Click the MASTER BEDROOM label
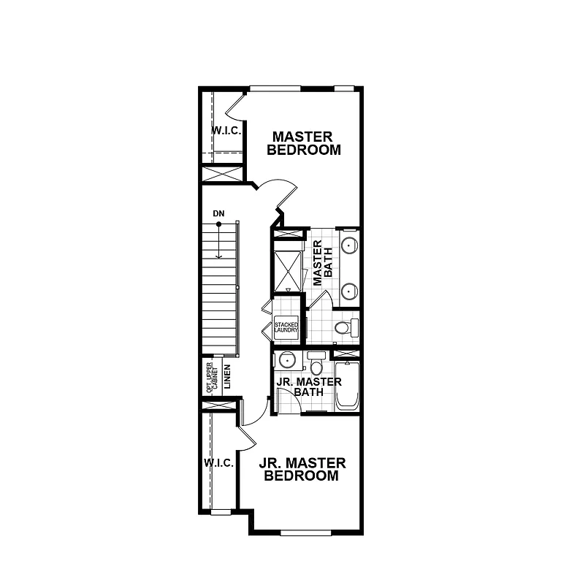point(303,143)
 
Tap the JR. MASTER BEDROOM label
point(301,469)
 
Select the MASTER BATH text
point(322,262)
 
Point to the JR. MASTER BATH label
point(308,387)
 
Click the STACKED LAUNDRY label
point(286,327)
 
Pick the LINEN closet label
point(228,378)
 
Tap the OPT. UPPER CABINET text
point(213,378)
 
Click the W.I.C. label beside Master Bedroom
point(226,130)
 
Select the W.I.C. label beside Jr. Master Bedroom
point(218,463)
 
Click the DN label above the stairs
point(218,213)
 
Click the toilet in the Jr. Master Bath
point(316,363)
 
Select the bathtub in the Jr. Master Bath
point(346,385)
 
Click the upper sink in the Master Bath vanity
point(350,244)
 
